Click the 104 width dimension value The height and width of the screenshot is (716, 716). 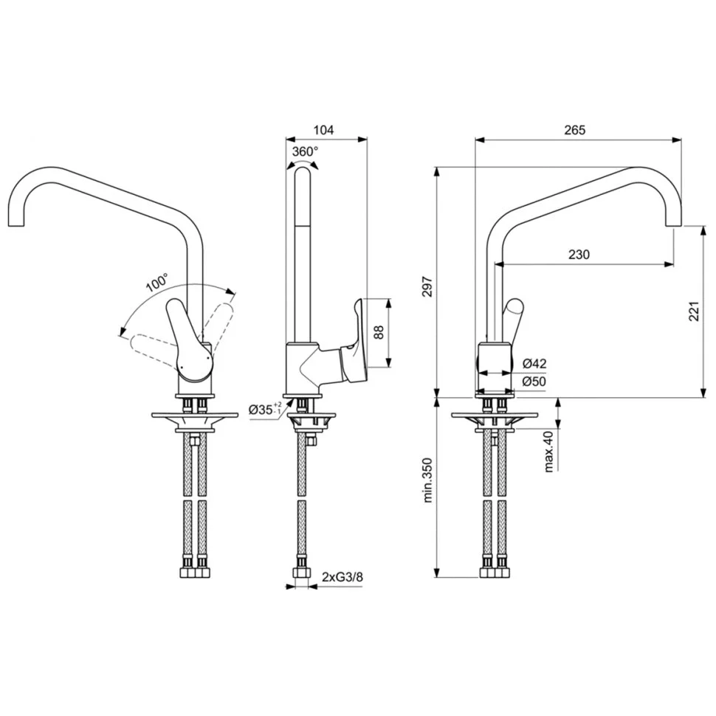tap(323, 130)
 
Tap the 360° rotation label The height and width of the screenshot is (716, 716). tap(305, 151)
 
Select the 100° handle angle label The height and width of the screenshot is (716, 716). tap(156, 283)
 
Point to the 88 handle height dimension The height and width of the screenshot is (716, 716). tap(379, 332)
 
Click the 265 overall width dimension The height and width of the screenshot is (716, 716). tap(574, 130)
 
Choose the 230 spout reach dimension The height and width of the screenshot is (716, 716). tap(579, 255)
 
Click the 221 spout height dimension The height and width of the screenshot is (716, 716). tap(693, 314)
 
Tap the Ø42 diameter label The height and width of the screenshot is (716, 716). tap(534, 363)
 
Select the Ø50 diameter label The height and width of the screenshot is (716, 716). tap(534, 381)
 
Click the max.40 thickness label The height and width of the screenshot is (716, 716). tap(548, 451)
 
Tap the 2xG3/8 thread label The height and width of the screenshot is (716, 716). tap(342, 577)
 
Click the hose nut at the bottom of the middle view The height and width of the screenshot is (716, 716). tap(300, 574)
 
